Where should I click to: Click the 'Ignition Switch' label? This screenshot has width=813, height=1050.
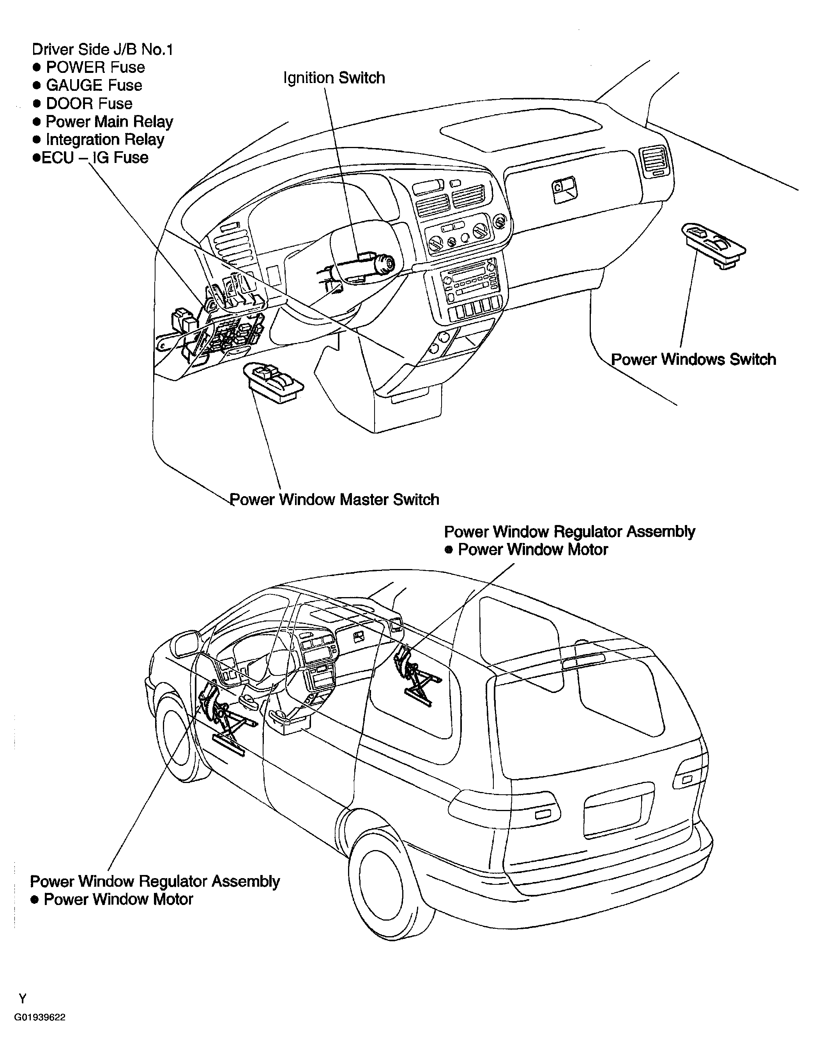334,78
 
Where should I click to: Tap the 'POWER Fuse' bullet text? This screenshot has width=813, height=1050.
95,67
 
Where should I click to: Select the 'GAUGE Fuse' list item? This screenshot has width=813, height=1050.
94,86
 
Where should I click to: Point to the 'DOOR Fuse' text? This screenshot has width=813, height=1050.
89,103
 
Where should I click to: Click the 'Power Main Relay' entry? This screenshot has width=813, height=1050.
109,122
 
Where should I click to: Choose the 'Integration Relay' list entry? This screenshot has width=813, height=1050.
105,140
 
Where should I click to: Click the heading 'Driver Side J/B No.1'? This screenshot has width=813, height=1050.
103,49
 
